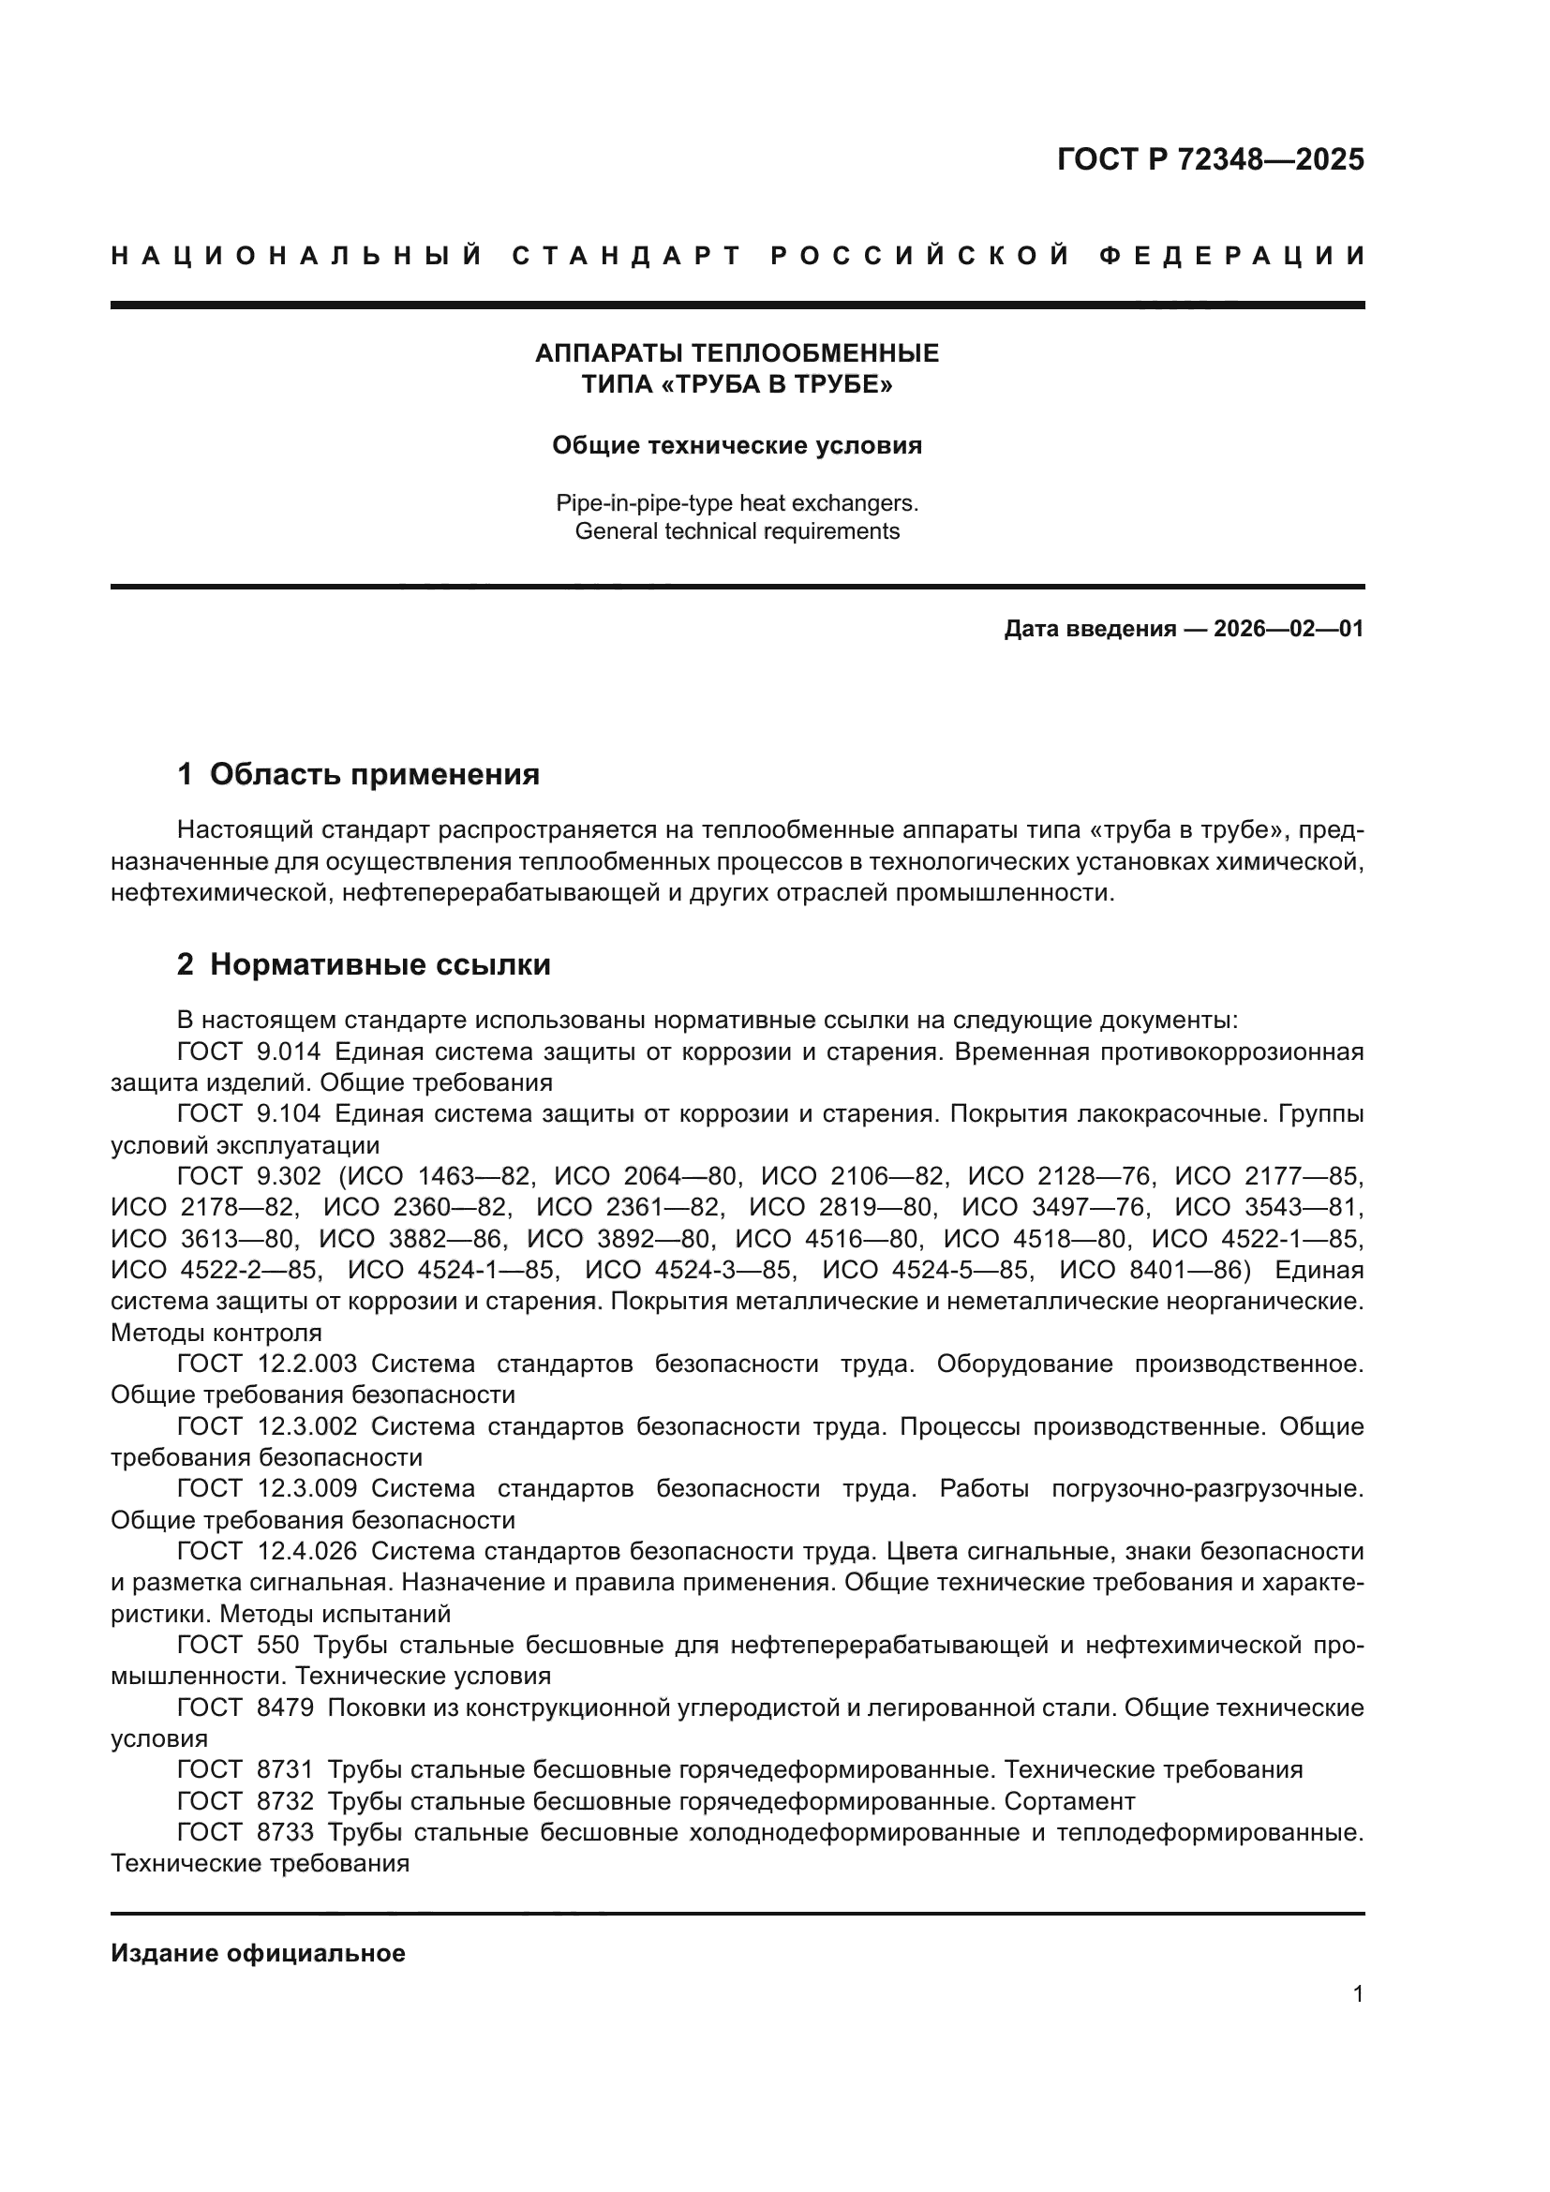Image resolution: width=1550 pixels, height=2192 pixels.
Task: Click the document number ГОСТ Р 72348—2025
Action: (x=1210, y=159)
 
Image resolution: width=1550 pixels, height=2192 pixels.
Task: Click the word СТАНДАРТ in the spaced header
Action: (x=627, y=256)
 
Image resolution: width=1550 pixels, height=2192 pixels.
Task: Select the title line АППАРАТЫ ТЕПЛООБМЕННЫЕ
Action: (x=737, y=353)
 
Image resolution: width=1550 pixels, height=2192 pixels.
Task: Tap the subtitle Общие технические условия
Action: (x=737, y=446)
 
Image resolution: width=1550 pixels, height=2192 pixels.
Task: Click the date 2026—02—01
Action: (x=1289, y=629)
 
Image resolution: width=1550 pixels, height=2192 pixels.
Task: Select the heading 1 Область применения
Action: (x=358, y=773)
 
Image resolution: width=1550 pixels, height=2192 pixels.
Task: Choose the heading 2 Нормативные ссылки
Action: (x=364, y=964)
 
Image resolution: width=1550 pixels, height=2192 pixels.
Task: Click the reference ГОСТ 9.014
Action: (x=249, y=1052)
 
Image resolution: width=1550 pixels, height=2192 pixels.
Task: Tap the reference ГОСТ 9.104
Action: (x=249, y=1114)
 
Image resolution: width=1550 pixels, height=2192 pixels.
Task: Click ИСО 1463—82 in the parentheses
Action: (x=449, y=1176)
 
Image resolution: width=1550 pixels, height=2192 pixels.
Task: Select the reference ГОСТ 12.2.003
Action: (x=267, y=1364)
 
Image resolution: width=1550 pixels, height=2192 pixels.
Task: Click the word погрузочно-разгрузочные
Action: (x=1206, y=1488)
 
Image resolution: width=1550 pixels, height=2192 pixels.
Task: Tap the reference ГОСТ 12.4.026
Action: (x=267, y=1551)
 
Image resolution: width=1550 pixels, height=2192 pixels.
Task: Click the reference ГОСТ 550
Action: (x=239, y=1645)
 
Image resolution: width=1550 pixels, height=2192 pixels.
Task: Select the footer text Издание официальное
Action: (x=258, y=1953)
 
